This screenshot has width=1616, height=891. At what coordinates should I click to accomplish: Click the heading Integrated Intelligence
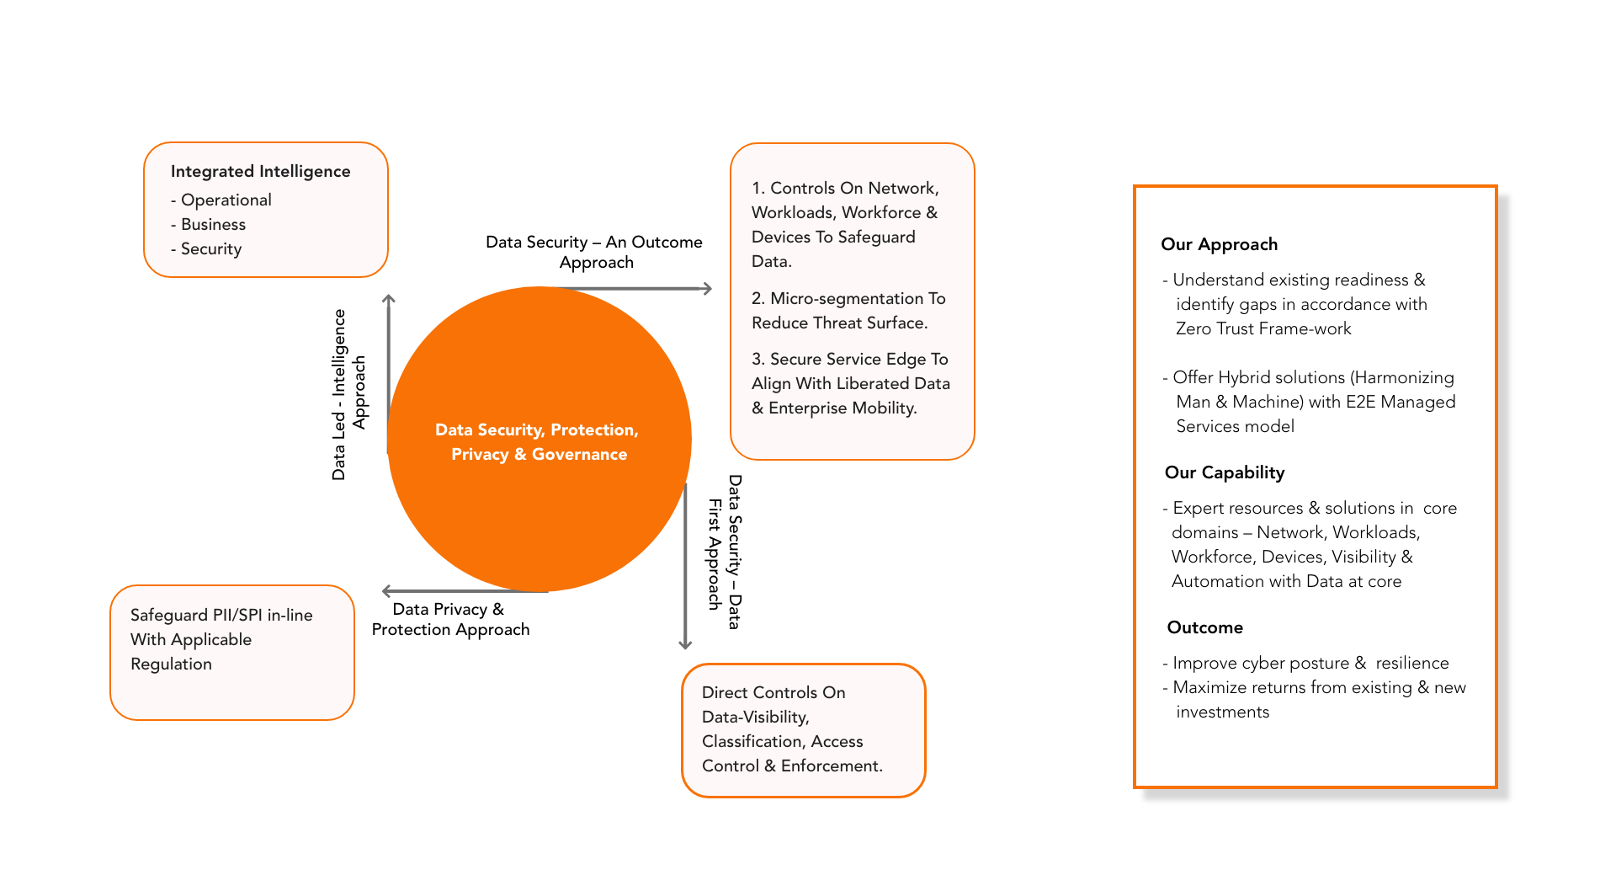(x=260, y=171)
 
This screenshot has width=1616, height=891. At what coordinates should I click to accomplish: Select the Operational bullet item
(x=226, y=200)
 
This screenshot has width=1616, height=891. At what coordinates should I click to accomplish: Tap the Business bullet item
(x=213, y=224)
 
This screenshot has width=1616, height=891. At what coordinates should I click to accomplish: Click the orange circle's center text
(x=538, y=441)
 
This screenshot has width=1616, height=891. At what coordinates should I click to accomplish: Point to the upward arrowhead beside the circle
(x=388, y=299)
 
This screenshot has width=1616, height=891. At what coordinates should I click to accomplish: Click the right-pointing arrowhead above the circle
(x=707, y=288)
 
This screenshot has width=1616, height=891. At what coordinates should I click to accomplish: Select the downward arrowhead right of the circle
(x=685, y=644)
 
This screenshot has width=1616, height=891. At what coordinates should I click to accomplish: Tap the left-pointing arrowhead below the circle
(x=387, y=591)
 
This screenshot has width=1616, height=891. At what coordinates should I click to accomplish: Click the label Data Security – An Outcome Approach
(x=594, y=252)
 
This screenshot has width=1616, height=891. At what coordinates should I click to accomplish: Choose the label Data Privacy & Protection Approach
(x=450, y=619)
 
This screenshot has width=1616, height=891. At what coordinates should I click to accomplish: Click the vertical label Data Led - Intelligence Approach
(x=349, y=394)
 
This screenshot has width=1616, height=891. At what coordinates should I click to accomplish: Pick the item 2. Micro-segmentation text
(x=848, y=310)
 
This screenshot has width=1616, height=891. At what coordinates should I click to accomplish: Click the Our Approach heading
(x=1219, y=244)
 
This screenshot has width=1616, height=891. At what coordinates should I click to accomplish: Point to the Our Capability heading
(x=1224, y=472)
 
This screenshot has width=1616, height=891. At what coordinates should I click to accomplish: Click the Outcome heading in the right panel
(x=1204, y=627)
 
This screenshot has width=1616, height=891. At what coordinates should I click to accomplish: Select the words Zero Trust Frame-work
(x=1262, y=328)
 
